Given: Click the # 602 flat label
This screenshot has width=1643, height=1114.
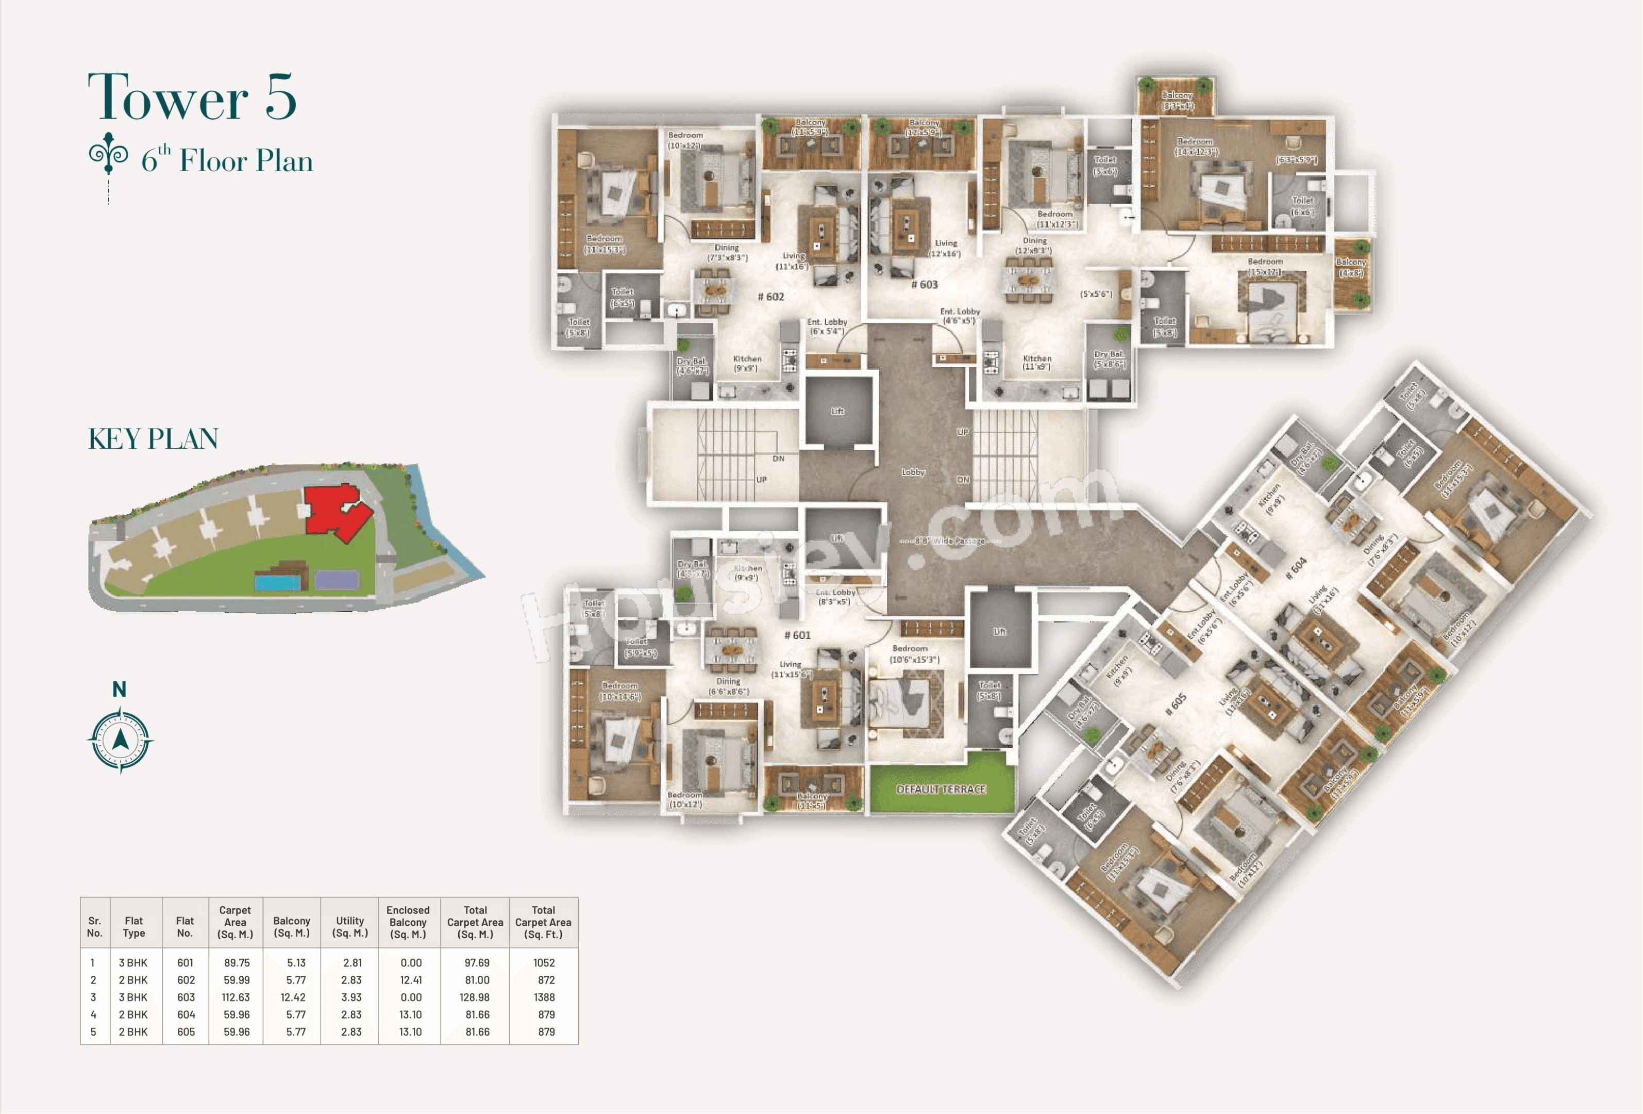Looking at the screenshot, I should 770,297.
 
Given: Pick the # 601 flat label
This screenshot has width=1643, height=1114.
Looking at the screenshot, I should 797,635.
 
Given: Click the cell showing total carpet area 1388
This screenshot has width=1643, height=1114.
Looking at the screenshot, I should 544,997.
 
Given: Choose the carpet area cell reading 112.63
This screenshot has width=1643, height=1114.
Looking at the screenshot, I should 236,997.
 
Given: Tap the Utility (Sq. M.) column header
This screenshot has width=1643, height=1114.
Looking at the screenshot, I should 350,927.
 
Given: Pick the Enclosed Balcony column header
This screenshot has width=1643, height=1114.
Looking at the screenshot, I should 408,922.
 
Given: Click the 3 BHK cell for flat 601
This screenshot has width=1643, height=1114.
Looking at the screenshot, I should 133,963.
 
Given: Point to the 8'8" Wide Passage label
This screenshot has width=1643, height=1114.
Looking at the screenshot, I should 949,541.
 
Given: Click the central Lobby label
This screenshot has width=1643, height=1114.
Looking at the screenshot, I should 913,472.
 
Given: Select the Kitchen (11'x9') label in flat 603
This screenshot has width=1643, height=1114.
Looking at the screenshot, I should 1037,363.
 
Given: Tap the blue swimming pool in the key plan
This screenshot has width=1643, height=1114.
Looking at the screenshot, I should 277,582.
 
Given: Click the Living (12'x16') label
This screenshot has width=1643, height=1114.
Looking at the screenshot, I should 945,248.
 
